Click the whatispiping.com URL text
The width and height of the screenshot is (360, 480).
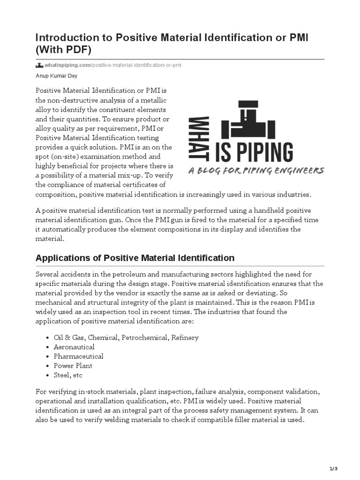click(x=112, y=65)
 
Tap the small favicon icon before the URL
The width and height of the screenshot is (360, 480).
click(x=39, y=65)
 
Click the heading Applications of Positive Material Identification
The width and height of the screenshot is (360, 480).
click(x=135, y=258)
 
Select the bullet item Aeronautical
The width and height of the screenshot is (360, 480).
click(x=74, y=347)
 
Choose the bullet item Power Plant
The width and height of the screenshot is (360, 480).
click(x=73, y=366)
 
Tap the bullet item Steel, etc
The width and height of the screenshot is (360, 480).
click(x=68, y=375)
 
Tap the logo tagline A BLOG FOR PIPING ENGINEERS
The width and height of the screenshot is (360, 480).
click(x=255, y=171)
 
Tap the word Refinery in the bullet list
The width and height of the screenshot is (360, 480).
click(x=185, y=337)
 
